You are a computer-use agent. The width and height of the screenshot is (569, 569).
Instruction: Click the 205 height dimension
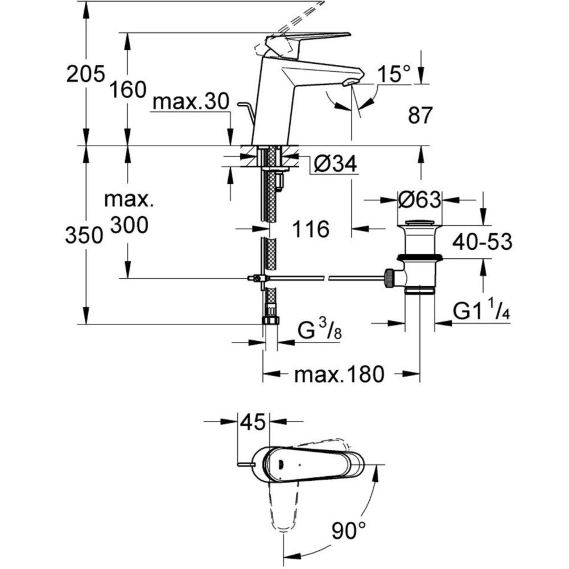(86, 75)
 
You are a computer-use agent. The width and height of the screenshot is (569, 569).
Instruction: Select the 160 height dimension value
(127, 90)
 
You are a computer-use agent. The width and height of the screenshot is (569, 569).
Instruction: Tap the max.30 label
(191, 102)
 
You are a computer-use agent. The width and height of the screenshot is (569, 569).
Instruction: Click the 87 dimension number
(420, 115)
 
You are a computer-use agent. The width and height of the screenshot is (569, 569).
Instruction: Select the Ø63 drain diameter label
(419, 199)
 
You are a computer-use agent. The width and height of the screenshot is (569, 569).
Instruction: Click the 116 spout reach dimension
(311, 229)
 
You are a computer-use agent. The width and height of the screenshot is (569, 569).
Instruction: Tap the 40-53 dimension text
(483, 242)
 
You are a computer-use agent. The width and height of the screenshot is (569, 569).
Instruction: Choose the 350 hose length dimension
(84, 235)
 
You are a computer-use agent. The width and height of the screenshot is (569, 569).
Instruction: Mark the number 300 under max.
(129, 225)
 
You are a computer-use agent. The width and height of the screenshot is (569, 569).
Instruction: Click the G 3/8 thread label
(320, 331)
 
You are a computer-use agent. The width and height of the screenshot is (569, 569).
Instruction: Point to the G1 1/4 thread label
(481, 311)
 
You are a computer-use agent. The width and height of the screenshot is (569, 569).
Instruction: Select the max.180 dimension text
(339, 374)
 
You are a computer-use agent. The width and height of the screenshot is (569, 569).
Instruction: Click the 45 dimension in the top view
(253, 422)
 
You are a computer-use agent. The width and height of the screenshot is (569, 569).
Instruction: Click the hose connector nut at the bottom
(270, 319)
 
